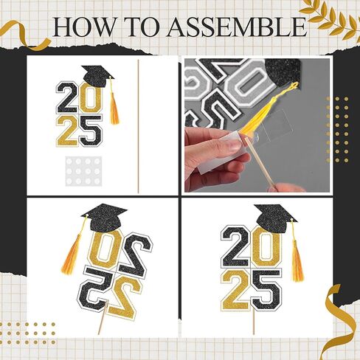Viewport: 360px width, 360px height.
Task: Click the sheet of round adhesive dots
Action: (x=83, y=171)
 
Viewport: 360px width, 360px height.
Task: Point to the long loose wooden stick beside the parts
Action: (x=138, y=126)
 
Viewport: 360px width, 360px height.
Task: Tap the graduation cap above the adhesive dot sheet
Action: (x=97, y=76)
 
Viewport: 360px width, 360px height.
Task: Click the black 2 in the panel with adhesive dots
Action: (x=67, y=97)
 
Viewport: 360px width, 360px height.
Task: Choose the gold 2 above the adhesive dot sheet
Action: (x=68, y=131)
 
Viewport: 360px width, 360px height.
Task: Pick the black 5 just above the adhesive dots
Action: (x=91, y=131)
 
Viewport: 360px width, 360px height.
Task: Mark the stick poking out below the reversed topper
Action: (x=103, y=319)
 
